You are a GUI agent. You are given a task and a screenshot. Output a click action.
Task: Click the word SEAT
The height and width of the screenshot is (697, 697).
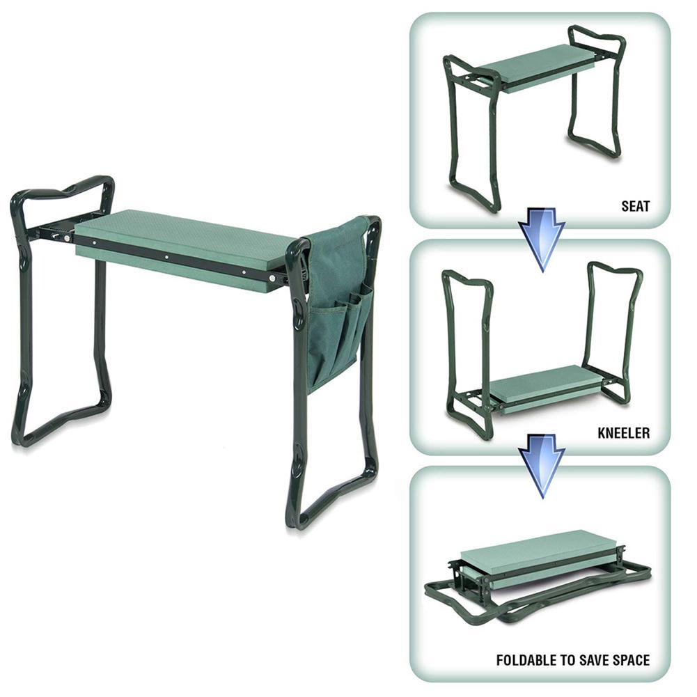click(635, 206)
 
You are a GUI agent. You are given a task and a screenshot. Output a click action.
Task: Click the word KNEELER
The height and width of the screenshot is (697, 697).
click(623, 433)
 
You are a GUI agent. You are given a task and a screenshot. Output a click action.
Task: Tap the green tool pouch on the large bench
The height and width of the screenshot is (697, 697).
click(338, 299)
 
